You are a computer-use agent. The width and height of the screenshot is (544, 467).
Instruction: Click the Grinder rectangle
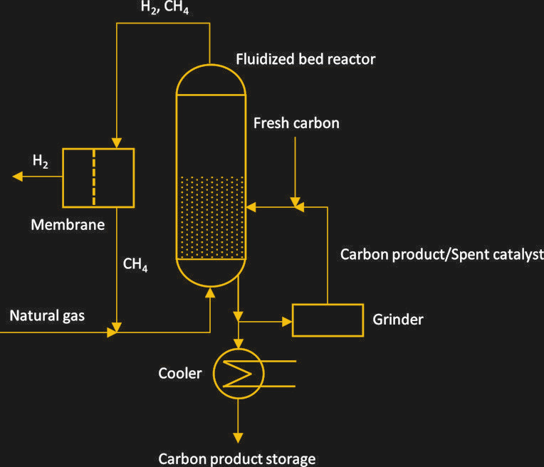tap(328, 320)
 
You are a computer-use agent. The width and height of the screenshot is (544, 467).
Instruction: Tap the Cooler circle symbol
tap(239, 373)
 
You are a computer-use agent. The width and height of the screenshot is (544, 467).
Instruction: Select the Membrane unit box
tap(98, 177)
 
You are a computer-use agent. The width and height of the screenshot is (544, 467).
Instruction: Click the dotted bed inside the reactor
tap(210, 217)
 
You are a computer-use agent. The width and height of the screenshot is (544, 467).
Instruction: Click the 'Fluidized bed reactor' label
tap(305, 59)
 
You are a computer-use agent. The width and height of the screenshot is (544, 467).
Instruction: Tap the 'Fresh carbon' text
tap(296, 123)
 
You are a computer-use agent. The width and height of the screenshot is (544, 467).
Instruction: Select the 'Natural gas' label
tap(47, 315)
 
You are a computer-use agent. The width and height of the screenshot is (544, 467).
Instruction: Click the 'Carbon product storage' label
tap(236, 458)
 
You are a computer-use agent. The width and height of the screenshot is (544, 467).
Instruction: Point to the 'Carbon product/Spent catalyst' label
tap(441, 254)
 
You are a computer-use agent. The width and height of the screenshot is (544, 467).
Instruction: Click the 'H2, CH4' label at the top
tap(164, 9)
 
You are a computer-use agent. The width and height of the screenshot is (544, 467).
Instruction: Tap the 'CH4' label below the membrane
tap(135, 266)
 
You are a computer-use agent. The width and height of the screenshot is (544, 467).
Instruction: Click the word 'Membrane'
tap(68, 225)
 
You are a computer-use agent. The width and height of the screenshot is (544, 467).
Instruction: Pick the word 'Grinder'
tap(397, 319)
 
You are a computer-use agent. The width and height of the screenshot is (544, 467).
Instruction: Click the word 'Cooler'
tap(180, 373)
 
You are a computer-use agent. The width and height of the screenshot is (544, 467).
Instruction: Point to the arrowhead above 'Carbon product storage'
tap(239, 437)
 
